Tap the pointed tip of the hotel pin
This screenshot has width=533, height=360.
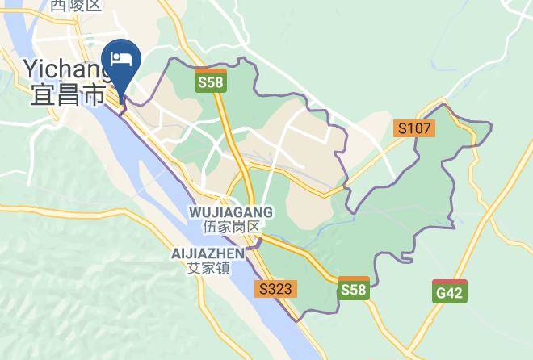coord(124,99)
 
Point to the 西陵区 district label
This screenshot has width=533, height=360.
coord(76,6)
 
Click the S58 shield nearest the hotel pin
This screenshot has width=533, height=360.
coord(212,81)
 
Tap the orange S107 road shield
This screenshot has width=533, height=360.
coord(416,128)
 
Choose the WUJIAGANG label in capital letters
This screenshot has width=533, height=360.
coord(230,211)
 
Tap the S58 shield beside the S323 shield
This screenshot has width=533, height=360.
coord(355,289)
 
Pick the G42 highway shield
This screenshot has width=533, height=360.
coord(449,291)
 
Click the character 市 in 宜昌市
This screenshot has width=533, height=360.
coord(94,95)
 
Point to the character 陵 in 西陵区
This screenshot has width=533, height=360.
coord(76,6)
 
